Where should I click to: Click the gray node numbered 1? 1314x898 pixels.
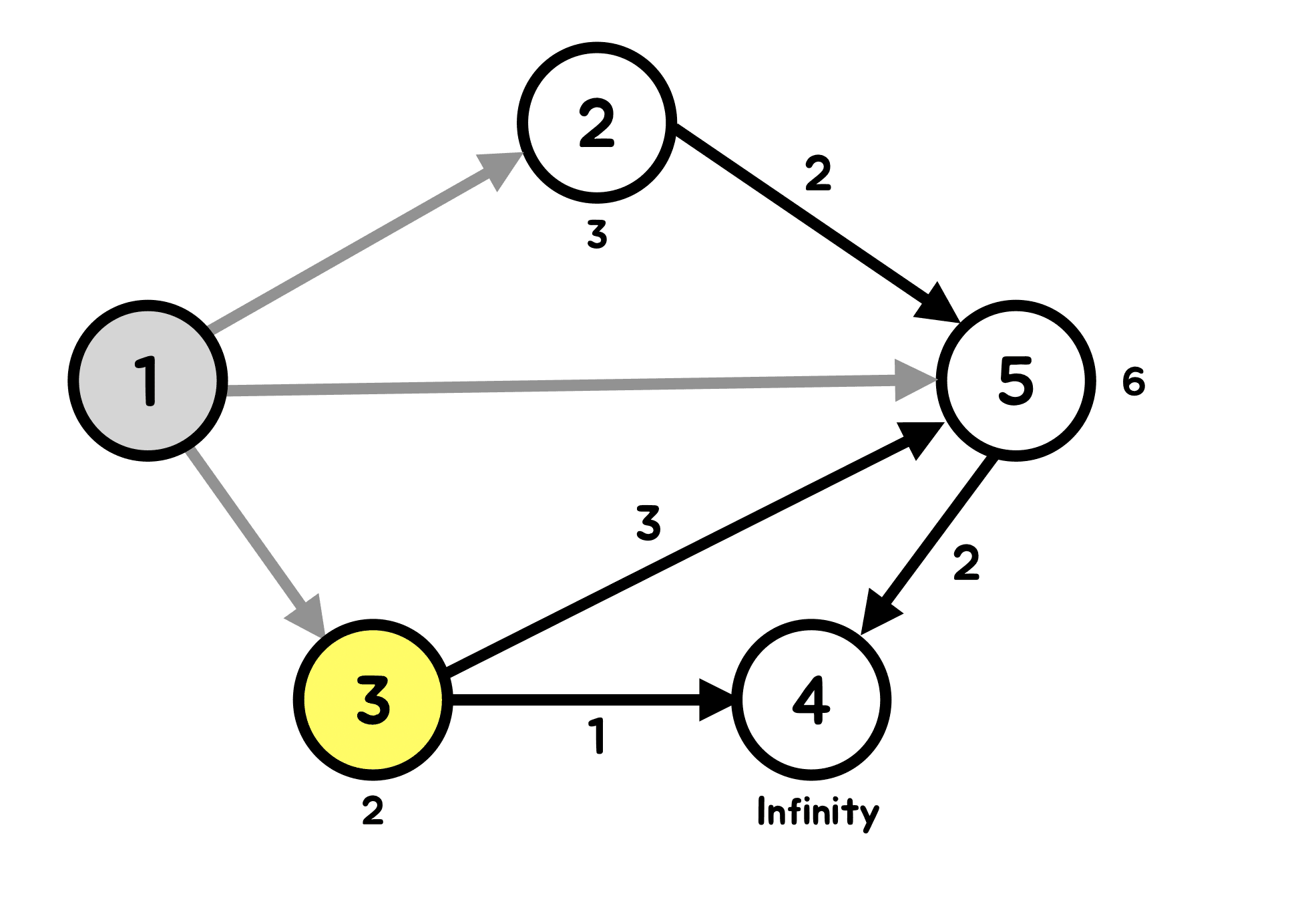(x=148, y=380)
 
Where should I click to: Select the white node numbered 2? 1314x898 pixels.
(x=596, y=123)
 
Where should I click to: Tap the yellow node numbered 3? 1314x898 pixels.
(x=373, y=700)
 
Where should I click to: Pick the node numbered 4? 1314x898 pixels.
(x=811, y=700)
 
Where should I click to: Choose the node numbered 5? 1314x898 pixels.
(x=1016, y=380)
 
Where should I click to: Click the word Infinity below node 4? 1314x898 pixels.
(x=818, y=812)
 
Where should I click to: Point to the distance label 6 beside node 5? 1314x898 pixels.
(x=1133, y=382)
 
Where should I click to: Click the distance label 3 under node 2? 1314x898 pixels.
(x=597, y=235)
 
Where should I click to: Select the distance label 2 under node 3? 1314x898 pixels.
(x=373, y=811)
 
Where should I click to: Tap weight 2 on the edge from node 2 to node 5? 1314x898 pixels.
(x=818, y=173)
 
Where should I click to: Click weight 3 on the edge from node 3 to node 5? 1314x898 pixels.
(x=648, y=522)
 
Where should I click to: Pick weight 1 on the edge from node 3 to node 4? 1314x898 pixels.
(x=598, y=736)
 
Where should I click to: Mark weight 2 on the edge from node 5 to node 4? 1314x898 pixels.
(x=966, y=563)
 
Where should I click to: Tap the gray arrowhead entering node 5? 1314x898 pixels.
(x=913, y=380)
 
